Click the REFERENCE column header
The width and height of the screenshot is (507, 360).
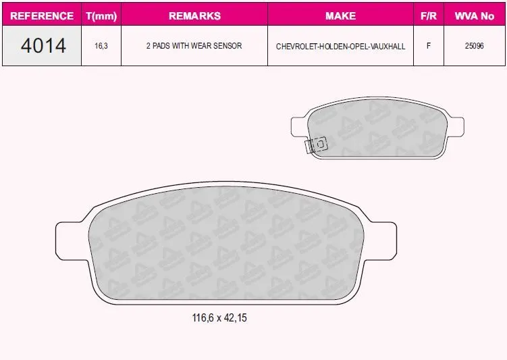(x=42, y=16)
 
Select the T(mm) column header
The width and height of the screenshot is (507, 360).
(x=101, y=16)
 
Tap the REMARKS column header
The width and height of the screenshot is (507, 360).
(x=194, y=16)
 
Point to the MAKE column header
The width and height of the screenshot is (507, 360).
(x=340, y=16)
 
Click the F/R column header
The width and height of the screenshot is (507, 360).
(x=429, y=16)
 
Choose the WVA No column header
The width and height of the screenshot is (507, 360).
(x=475, y=16)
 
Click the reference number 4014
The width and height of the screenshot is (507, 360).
(x=43, y=45)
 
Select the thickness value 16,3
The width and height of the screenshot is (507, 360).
(x=101, y=46)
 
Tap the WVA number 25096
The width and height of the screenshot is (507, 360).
(x=475, y=46)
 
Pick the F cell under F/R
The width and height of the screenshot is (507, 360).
(x=429, y=46)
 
